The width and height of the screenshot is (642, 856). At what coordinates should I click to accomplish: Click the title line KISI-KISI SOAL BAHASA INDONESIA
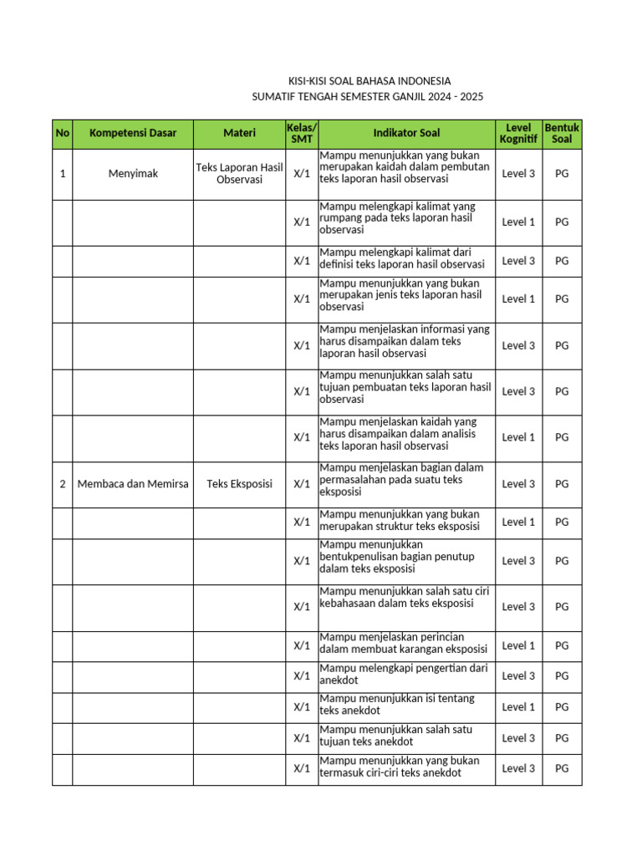[x=369, y=81]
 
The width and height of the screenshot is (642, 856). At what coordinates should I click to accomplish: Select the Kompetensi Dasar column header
[x=133, y=134]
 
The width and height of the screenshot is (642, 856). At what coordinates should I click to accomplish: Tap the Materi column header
[x=239, y=134]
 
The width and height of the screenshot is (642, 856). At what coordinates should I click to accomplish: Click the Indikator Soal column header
[x=406, y=134]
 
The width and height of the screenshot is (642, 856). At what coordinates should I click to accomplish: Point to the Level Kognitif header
[x=518, y=134]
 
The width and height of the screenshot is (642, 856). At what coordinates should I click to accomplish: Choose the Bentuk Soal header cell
[x=562, y=134]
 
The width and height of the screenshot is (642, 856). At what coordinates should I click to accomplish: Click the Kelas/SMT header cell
[x=301, y=134]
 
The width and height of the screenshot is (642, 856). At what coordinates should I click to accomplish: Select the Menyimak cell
[x=133, y=174]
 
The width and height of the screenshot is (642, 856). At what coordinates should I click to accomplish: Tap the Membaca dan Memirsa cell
[x=133, y=484]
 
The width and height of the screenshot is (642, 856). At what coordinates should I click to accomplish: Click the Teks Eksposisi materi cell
[x=239, y=484]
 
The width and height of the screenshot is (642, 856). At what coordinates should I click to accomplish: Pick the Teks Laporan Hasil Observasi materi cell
[x=239, y=174]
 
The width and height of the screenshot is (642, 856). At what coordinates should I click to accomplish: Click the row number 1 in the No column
[x=63, y=174]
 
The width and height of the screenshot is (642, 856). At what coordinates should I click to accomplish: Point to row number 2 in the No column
[x=63, y=484]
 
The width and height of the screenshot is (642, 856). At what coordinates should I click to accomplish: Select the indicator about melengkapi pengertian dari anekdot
[x=405, y=675]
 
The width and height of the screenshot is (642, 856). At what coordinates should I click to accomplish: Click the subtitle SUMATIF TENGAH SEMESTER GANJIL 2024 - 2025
[x=368, y=97]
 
